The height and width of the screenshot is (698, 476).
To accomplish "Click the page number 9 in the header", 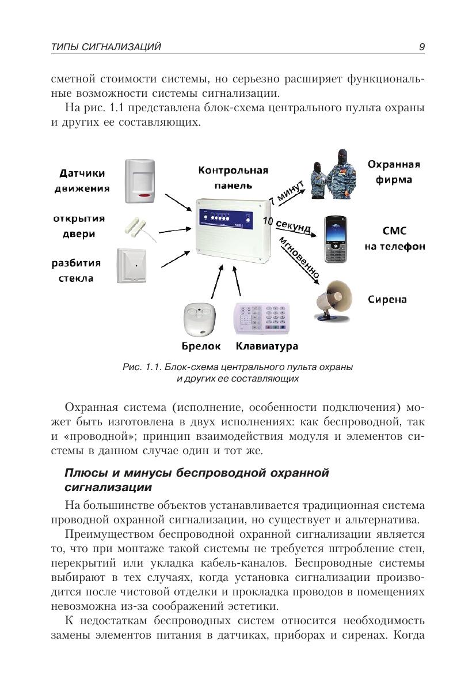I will click(422, 47).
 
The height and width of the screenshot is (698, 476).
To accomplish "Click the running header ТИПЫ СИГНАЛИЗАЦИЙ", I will click(106, 47).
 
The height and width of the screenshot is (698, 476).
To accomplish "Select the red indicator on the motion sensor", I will click(144, 197).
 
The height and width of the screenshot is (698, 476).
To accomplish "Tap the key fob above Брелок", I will click(199, 319).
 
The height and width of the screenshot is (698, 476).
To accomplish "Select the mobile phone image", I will click(336, 239).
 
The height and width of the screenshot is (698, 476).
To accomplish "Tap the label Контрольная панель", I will click(233, 178).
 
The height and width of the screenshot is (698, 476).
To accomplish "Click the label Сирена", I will click(387, 299).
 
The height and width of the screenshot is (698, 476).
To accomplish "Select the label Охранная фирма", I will click(394, 172).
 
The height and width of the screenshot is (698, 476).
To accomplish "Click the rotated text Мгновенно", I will click(299, 256).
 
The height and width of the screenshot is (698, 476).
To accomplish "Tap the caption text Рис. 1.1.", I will click(142, 367).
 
